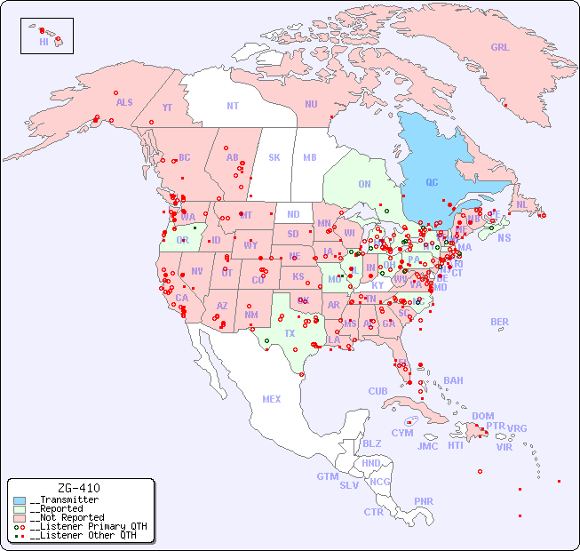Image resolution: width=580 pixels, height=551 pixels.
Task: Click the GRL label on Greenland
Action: click(x=500, y=48)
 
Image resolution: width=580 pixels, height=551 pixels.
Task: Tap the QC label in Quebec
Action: click(x=432, y=183)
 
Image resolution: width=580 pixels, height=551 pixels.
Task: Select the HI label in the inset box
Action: click(x=44, y=42)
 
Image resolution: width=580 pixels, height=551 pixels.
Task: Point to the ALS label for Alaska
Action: click(x=124, y=103)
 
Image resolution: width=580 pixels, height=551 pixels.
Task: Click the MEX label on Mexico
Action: click(x=272, y=399)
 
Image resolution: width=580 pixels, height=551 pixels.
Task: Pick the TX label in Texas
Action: click(x=290, y=334)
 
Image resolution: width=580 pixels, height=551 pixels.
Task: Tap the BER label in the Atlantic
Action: click(x=500, y=322)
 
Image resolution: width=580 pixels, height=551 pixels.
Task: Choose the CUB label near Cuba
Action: click(x=377, y=391)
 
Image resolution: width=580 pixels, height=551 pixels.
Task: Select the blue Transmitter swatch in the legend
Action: click(x=20, y=500)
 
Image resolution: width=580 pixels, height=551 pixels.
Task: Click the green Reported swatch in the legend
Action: click(x=20, y=509)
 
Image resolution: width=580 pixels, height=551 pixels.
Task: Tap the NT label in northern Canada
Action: click(x=233, y=106)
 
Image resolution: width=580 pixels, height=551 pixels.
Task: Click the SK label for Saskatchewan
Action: click(x=274, y=157)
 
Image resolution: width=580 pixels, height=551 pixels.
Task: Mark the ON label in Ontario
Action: click(x=364, y=184)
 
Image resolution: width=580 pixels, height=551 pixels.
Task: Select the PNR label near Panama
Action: click(x=424, y=501)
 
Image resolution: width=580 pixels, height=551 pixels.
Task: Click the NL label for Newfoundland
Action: click(x=521, y=204)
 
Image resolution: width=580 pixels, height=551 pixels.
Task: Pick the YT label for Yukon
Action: click(x=167, y=108)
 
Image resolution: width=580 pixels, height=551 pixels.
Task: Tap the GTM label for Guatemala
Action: click(x=327, y=476)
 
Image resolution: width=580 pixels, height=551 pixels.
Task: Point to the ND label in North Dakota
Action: click(x=293, y=214)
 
